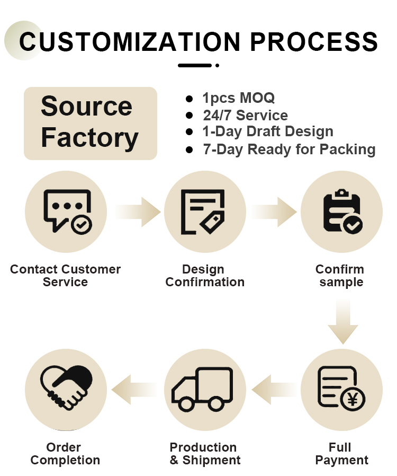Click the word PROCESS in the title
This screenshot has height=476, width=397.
(314, 41)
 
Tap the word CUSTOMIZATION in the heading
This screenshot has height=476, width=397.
(129, 41)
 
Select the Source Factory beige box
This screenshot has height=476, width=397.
(91, 124)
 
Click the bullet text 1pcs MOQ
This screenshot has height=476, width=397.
(239, 98)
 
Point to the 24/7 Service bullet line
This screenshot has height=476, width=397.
(246, 116)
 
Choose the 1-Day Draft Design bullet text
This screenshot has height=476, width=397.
(268, 132)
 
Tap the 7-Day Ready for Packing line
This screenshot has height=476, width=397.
(289, 149)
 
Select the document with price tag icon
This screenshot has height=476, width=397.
(203, 212)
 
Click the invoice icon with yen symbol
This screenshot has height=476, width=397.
(341, 389)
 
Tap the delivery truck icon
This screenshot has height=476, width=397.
(202, 389)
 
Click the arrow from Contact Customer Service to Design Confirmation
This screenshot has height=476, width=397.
(138, 212)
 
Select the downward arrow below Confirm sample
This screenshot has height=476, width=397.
(343, 321)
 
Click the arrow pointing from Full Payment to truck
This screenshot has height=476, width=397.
(274, 390)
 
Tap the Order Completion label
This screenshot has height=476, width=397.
(65, 454)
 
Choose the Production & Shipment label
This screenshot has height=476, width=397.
(205, 454)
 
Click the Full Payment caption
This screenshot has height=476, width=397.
(342, 454)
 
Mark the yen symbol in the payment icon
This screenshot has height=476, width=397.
(353, 399)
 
